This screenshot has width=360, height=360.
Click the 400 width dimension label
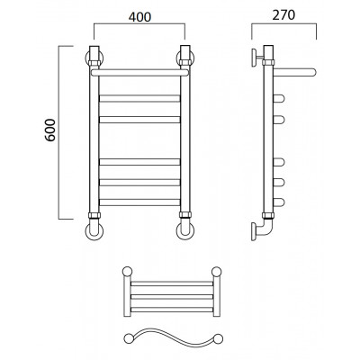139,17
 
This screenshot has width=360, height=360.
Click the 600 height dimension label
50,130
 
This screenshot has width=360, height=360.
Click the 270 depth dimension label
283,15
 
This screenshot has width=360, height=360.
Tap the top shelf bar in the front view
139,73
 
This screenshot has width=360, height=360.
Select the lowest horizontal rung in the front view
139,202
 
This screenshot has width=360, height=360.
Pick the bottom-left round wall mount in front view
94,231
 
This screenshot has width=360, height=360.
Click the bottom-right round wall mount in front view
185,231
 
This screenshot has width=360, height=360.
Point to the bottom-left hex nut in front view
94,215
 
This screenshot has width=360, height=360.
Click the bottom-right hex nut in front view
185,215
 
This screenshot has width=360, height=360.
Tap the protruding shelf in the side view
295,72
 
